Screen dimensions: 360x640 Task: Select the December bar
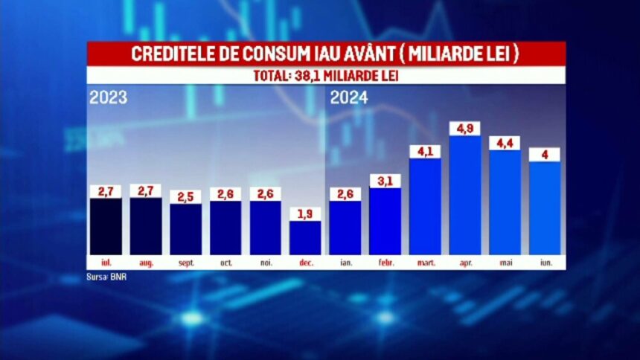coord(305,238)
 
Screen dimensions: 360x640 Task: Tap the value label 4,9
coord(465,128)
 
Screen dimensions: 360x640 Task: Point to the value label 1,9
coord(305,213)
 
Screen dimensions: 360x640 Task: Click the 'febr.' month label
coord(385,262)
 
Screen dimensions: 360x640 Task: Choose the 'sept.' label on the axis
coord(185,262)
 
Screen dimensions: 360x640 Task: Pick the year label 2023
coord(109,97)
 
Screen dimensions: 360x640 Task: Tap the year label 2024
coord(350,97)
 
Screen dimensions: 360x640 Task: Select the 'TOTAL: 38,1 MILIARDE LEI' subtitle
coord(326,76)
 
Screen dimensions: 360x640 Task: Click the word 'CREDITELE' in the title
coord(169,55)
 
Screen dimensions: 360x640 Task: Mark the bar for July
coord(106,226)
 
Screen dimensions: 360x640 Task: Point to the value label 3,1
coord(385,181)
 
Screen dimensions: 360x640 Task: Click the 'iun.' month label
coord(545,262)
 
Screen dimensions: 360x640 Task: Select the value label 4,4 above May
coord(505,143)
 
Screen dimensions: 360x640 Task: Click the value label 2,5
coord(185,196)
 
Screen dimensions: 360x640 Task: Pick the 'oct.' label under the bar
coord(225,262)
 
